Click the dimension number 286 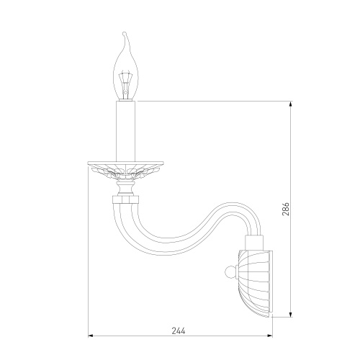286,209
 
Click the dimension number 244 179,330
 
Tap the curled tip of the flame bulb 124,33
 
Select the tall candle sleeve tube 125,131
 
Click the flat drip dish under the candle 125,163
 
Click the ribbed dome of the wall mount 254,283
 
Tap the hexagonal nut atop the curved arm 125,199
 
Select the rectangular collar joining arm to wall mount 254,243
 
